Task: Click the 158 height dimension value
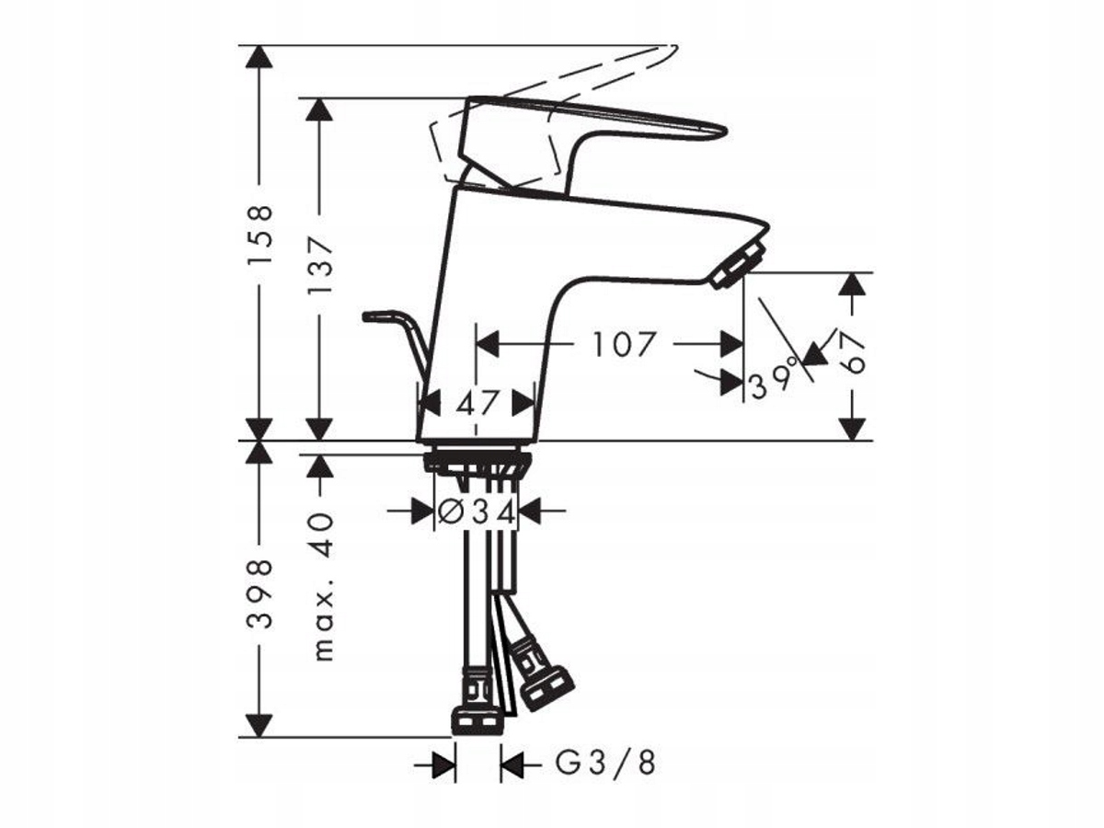pyautogui.click(x=259, y=234)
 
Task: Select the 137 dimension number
pyautogui.click(x=320, y=265)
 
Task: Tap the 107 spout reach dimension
pyautogui.click(x=624, y=344)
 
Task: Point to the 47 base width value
pyautogui.click(x=477, y=403)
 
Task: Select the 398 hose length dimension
pyautogui.click(x=259, y=594)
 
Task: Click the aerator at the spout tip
pyautogui.click(x=738, y=264)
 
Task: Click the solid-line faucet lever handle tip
pyautogui.click(x=720, y=132)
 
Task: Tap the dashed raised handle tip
pyautogui.click(x=673, y=51)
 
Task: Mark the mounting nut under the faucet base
pyautogui.click(x=477, y=462)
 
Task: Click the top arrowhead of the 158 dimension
pyautogui.click(x=259, y=56)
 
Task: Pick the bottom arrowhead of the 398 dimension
pyautogui.click(x=259, y=726)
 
